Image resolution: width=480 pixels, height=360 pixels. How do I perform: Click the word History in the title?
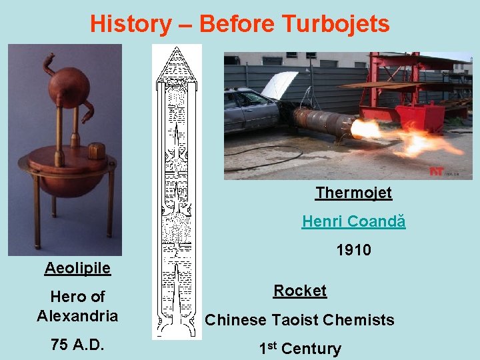[131, 24]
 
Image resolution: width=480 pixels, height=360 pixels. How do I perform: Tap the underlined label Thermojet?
[353, 193]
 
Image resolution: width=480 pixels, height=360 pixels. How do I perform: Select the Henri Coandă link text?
[353, 221]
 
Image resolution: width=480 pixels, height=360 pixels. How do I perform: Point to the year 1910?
[354, 249]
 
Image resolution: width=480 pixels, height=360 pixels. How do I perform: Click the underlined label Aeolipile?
[77, 268]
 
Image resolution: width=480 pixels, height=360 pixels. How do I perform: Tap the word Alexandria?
[77, 315]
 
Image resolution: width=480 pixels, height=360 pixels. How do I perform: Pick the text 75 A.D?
[77, 345]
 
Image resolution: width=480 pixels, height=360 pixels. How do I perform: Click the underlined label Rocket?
[299, 291]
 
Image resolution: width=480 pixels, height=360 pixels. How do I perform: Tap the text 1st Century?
[299, 348]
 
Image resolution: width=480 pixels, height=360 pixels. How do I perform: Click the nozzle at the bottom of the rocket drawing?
[177, 327]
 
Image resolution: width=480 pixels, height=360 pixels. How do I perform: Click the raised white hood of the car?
[279, 85]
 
